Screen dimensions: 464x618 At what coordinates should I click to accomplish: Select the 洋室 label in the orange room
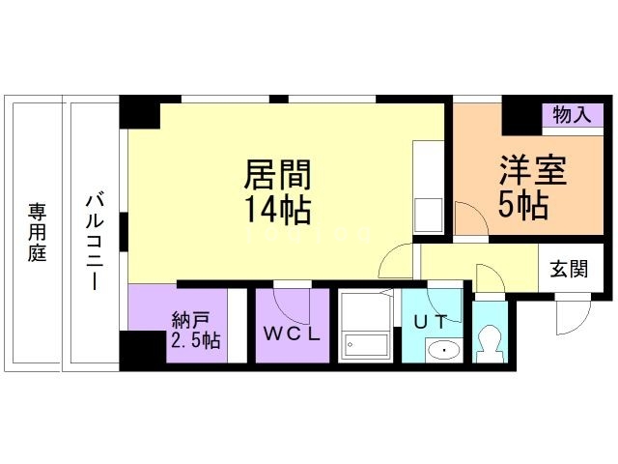[x=532, y=170]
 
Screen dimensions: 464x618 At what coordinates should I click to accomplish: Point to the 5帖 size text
[x=524, y=204]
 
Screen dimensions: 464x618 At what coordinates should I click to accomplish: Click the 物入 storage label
[x=571, y=115]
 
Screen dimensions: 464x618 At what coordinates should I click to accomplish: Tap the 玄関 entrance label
[x=569, y=269]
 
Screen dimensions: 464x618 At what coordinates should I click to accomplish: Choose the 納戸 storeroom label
[x=191, y=319]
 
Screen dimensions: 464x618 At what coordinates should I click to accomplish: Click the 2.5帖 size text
[x=195, y=340]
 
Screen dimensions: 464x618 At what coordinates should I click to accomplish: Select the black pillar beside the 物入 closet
[x=520, y=115]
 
